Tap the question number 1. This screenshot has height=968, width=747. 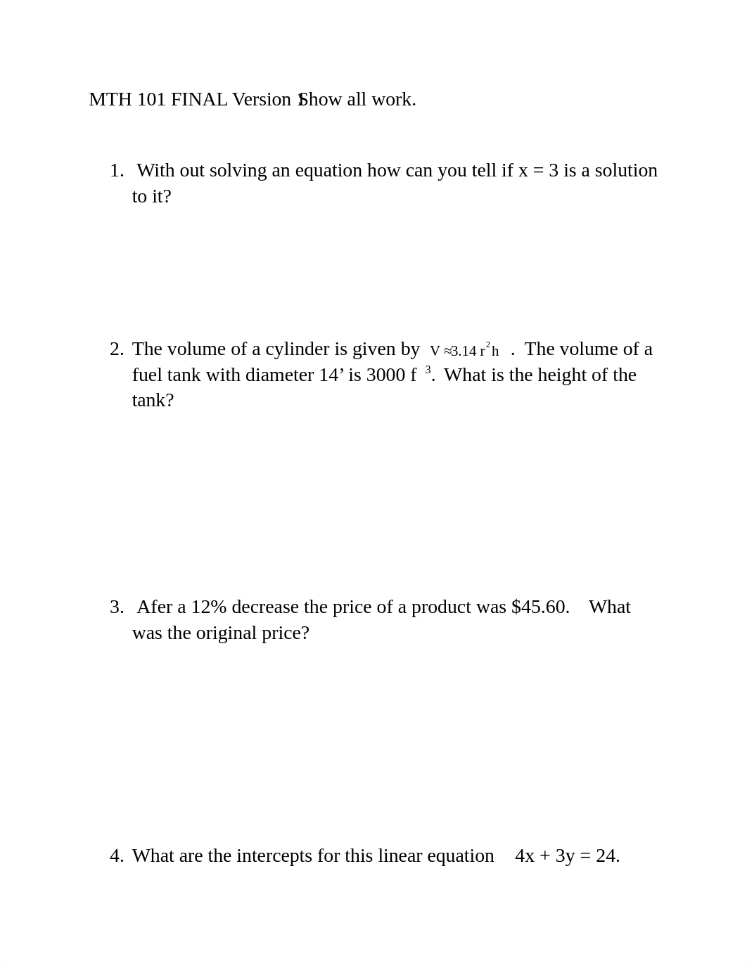tap(116, 171)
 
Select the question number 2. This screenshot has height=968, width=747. tap(116, 349)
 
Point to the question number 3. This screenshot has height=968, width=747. tap(116, 607)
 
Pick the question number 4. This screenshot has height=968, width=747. tap(116, 856)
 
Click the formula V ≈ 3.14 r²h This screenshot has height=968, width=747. tap(464, 350)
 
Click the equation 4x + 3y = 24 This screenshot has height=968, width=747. tap(567, 856)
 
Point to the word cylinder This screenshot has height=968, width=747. tap(297, 349)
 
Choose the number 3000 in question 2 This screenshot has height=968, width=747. tap(385, 375)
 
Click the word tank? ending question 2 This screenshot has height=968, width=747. tap(153, 401)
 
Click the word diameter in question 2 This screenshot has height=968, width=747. tap(279, 375)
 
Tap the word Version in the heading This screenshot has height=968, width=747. tap(262, 100)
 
